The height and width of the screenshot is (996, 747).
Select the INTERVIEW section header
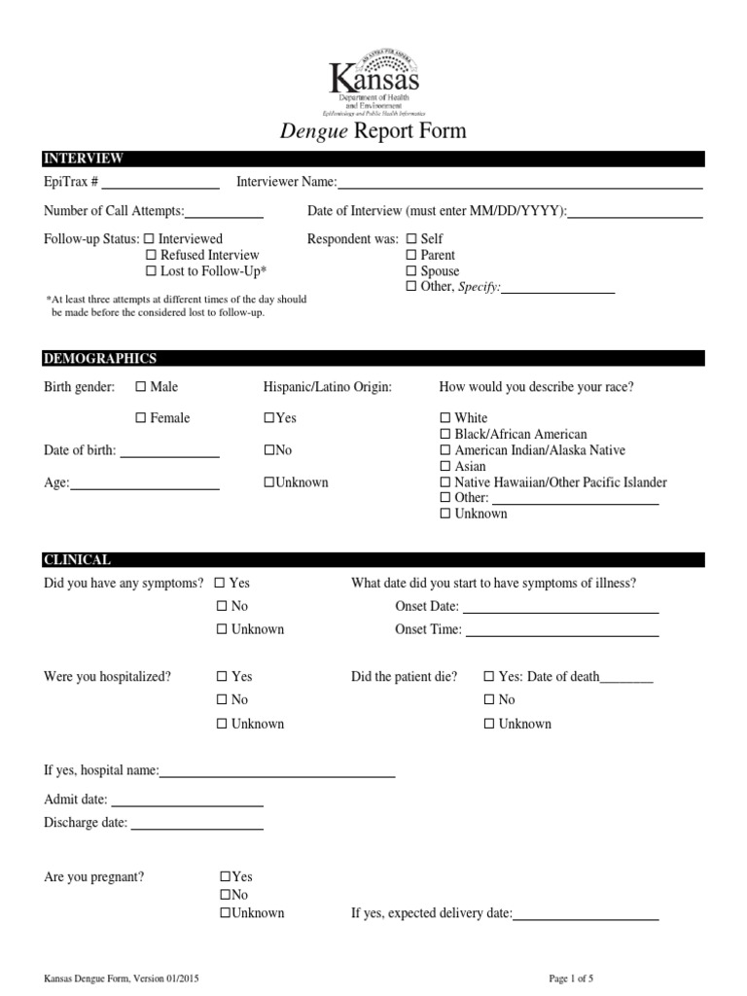[84, 159]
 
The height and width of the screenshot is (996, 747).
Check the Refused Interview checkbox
[151, 255]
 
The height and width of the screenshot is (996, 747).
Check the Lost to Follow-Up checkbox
[151, 271]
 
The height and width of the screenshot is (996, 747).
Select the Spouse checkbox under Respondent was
[410, 271]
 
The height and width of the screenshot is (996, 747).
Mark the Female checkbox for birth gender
[141, 418]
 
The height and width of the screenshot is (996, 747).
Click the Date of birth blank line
[169, 453]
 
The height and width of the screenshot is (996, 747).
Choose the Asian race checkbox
[445, 467]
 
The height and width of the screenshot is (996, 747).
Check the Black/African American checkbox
[445, 435]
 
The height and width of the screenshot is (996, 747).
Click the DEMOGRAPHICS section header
[100, 359]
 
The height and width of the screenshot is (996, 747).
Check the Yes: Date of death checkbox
[489, 677]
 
